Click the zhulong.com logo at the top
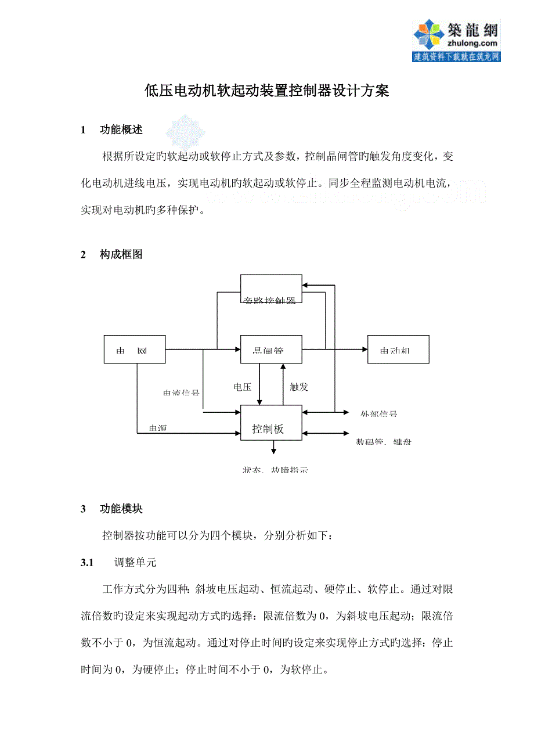(x=456, y=41)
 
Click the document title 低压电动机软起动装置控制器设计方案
(x=266, y=91)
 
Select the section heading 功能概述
(x=121, y=129)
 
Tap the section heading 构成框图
(x=121, y=254)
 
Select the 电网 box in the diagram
(x=135, y=350)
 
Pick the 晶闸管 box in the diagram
(x=271, y=350)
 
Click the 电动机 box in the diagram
(x=398, y=350)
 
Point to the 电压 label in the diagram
(x=243, y=387)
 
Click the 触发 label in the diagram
(x=298, y=387)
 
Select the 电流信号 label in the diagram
(x=181, y=393)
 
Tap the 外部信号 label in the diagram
(x=378, y=414)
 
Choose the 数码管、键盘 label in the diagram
(x=384, y=442)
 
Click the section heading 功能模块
(x=121, y=509)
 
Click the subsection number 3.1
(x=87, y=562)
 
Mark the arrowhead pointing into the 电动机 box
(x=365, y=350)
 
